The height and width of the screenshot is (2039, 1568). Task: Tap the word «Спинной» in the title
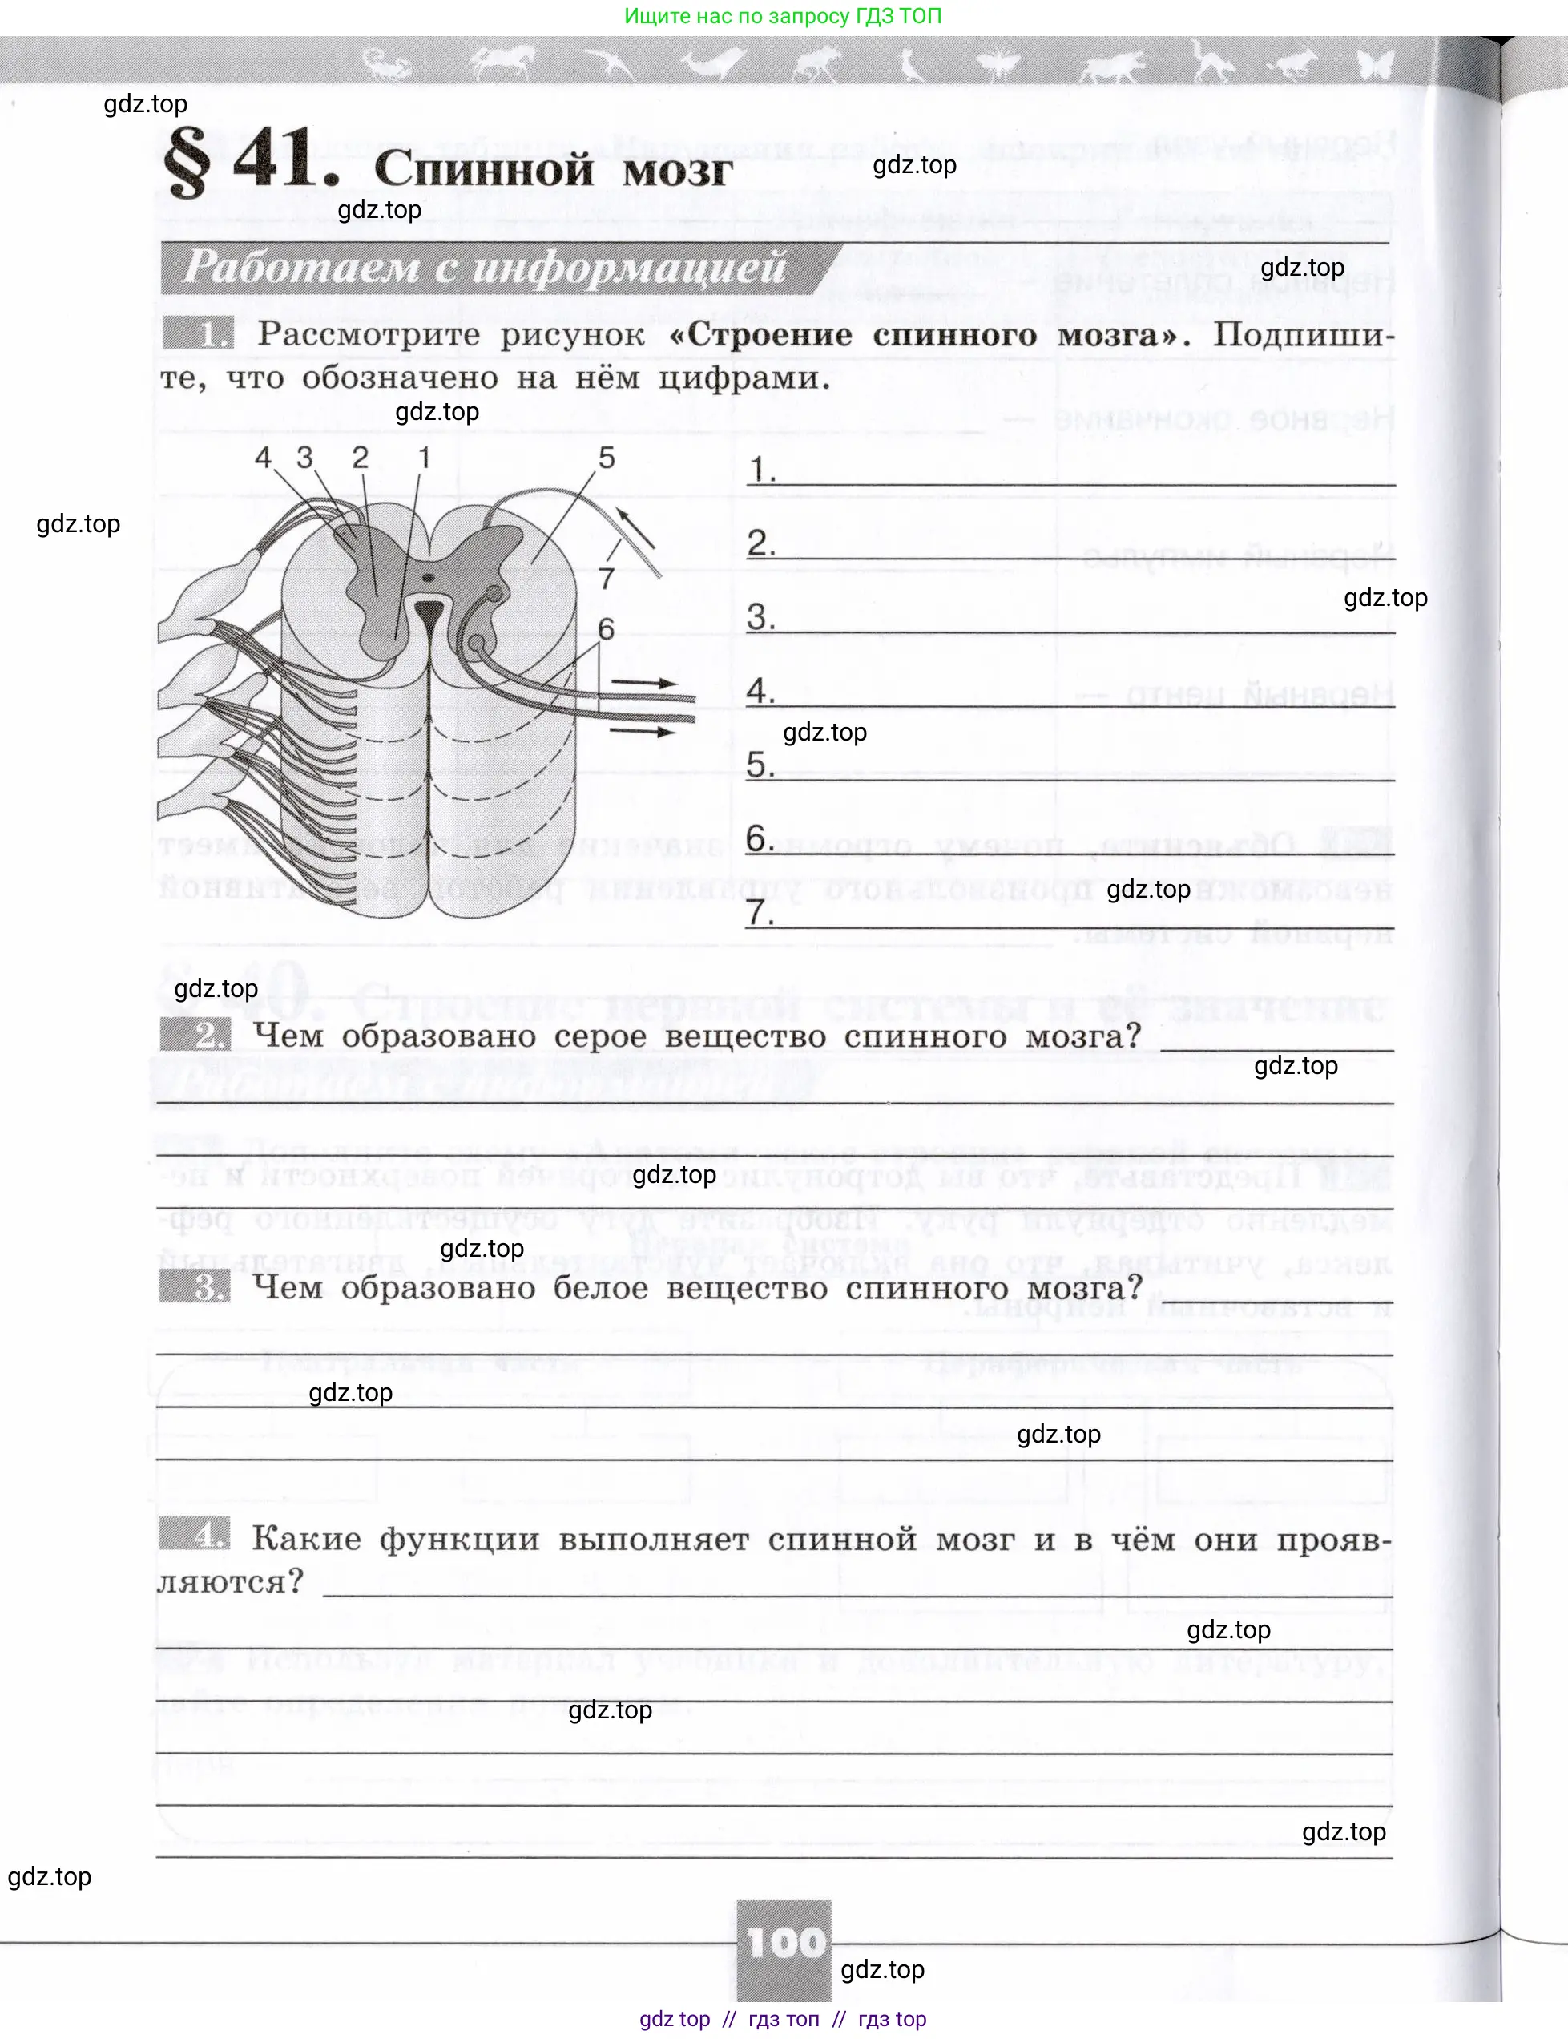coord(483,170)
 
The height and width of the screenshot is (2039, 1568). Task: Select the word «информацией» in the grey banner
coord(629,268)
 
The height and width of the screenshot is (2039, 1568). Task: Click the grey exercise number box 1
coord(197,333)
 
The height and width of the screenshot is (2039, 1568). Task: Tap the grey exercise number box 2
coord(195,1035)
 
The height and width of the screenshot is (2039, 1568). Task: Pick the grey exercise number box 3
coord(194,1286)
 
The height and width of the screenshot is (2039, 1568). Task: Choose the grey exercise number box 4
coord(194,1534)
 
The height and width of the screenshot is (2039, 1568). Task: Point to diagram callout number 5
coord(607,458)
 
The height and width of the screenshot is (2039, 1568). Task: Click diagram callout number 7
coord(607,579)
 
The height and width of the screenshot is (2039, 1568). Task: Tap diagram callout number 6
coord(606,628)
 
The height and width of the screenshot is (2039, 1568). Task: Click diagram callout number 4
coord(263,458)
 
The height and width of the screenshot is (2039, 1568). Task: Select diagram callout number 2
coord(361,458)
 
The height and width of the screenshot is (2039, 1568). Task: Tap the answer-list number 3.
coord(759,616)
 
